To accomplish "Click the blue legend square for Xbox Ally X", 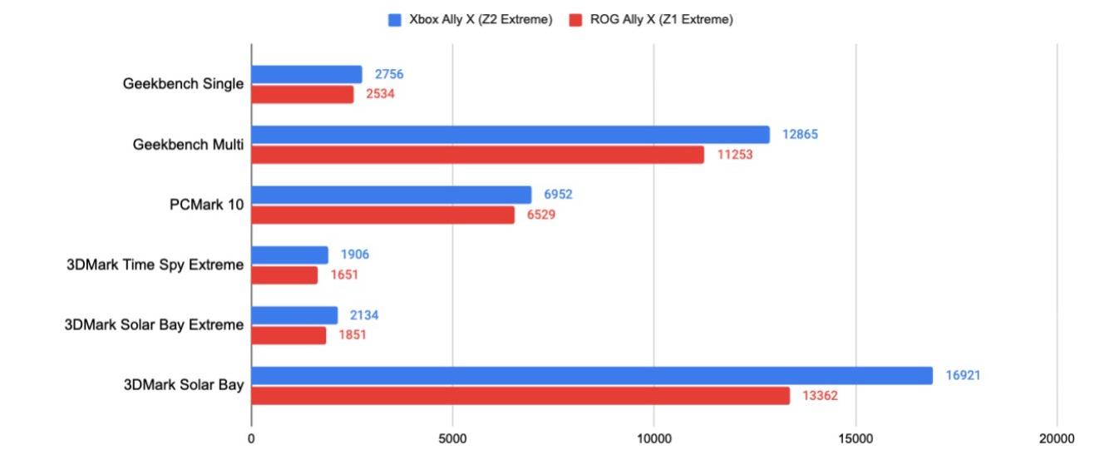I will click(395, 20).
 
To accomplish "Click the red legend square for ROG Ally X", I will click(575, 20).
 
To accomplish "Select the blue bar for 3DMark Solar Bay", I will click(592, 375).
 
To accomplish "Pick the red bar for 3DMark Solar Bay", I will click(520, 396).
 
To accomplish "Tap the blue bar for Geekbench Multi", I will click(511, 135).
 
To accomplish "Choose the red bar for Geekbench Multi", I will click(478, 155).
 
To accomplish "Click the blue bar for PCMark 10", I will click(391, 195).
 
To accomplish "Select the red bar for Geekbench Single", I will click(303, 95).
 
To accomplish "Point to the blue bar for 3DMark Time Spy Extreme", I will click(289, 255).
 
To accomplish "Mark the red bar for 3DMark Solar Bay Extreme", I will click(289, 335).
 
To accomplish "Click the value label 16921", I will click(963, 376).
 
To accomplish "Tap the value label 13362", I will click(820, 396).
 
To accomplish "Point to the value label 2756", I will click(389, 75).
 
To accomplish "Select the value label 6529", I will click(541, 215).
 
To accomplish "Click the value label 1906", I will click(355, 255).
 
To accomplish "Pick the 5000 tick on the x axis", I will click(452, 438).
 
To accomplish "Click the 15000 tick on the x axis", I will click(856, 438).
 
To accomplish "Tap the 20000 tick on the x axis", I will click(1057, 438).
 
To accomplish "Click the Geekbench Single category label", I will click(183, 84).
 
